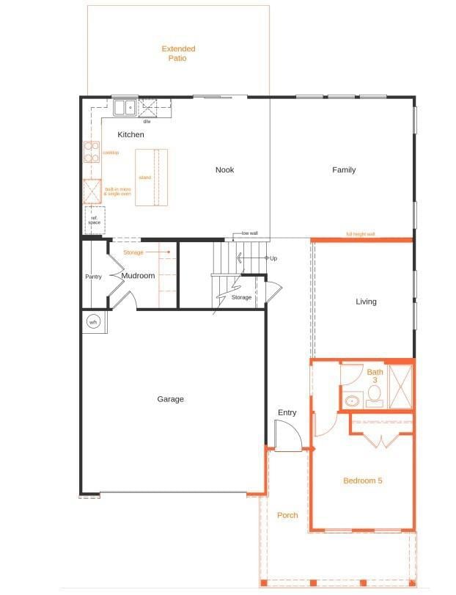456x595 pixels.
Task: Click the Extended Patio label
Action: pyautogui.click(x=178, y=54)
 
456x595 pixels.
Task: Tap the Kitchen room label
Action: pyautogui.click(x=130, y=135)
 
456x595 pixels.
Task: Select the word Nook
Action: pyautogui.click(x=224, y=170)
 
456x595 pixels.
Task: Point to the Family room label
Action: pyautogui.click(x=344, y=170)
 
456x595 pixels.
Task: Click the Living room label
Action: pyautogui.click(x=366, y=302)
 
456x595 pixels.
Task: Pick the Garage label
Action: pyautogui.click(x=170, y=400)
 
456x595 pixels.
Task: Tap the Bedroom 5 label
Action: pyautogui.click(x=362, y=481)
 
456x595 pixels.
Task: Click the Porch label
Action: pyautogui.click(x=287, y=516)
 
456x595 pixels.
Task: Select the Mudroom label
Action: pyautogui.click(x=138, y=276)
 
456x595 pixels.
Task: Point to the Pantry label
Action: pyautogui.click(x=93, y=277)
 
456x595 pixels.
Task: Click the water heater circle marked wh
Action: pyautogui.click(x=93, y=321)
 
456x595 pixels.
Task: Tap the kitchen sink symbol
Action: pyautogui.click(x=125, y=108)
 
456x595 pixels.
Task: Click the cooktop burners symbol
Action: pyautogui.click(x=92, y=152)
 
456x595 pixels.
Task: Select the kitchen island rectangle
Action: pyautogui.click(x=151, y=177)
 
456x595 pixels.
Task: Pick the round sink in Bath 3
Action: pyautogui.click(x=353, y=401)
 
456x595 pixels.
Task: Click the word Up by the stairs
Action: pyautogui.click(x=273, y=258)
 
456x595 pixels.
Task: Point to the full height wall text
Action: pyautogui.click(x=361, y=235)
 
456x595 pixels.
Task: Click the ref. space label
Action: pyautogui.click(x=94, y=219)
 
